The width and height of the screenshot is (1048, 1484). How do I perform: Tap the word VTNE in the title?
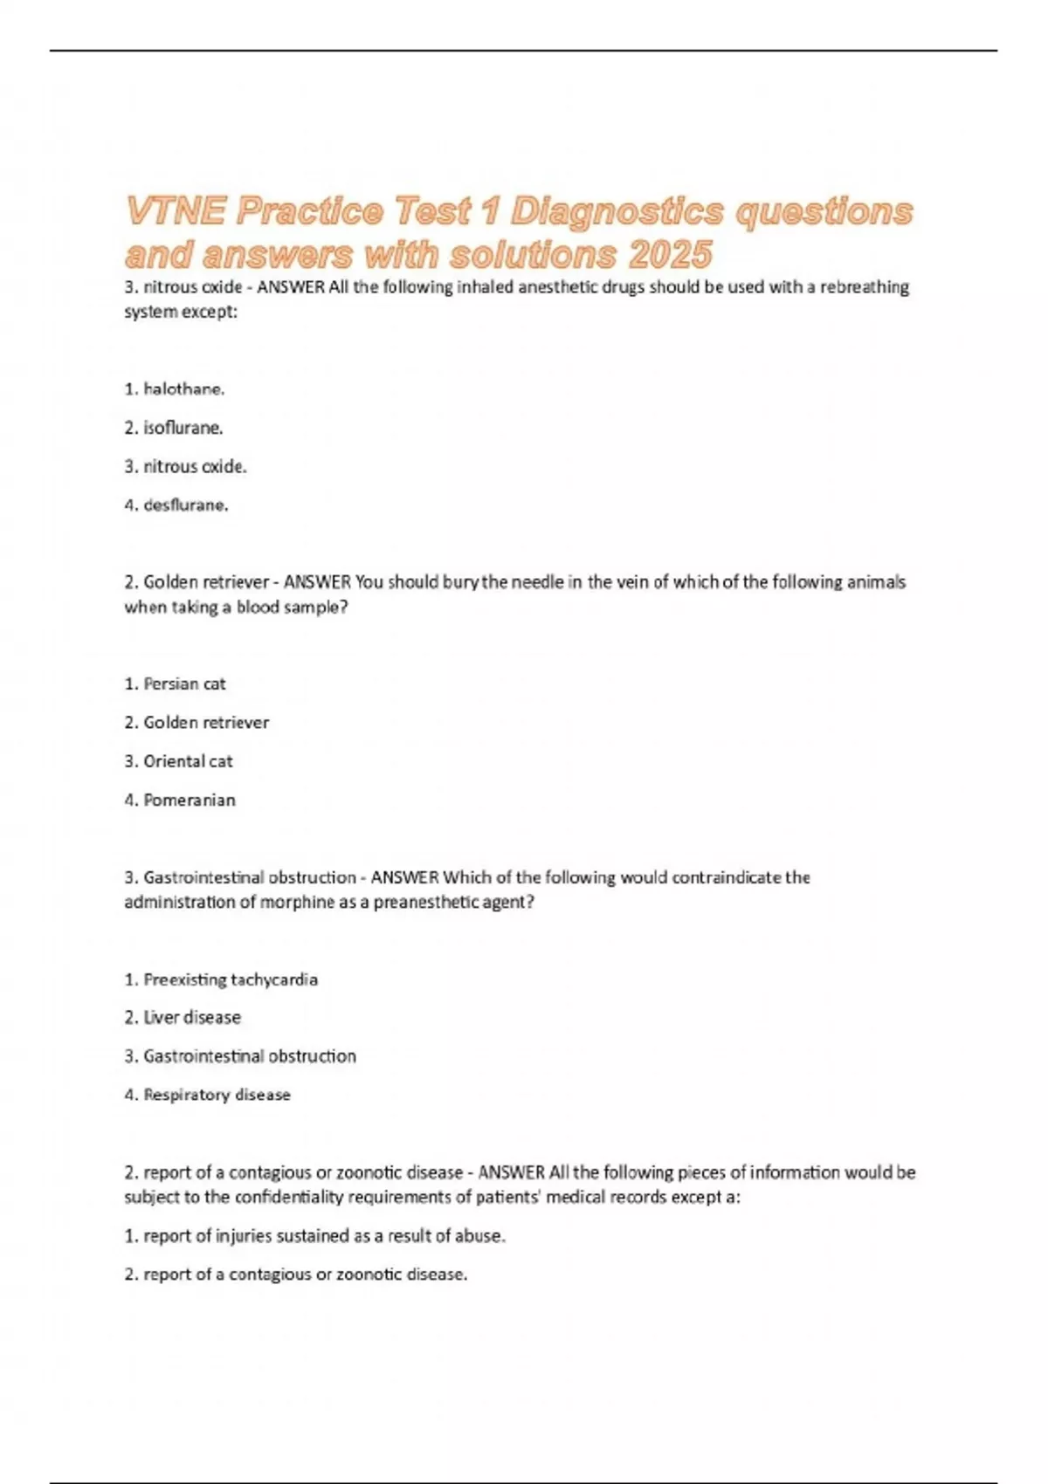click(x=176, y=211)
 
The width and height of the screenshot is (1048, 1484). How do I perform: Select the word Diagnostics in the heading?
click(x=617, y=211)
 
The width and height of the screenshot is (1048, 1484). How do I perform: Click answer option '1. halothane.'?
click(x=175, y=389)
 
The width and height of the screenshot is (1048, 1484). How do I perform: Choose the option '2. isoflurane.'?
click(x=174, y=428)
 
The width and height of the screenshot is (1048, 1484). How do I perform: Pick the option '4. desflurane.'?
click(x=176, y=505)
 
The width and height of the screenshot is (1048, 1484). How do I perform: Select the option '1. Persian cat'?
click(x=175, y=684)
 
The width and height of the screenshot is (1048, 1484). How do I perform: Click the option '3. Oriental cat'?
click(x=178, y=761)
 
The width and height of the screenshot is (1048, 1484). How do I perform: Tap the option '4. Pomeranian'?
click(x=180, y=800)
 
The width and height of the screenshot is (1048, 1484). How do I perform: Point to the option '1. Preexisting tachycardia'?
click(x=221, y=979)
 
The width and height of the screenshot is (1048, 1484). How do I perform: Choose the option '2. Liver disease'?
click(x=183, y=1018)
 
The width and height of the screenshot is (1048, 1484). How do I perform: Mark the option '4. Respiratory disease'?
click(x=207, y=1095)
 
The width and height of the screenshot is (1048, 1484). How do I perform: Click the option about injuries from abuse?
click(x=314, y=1236)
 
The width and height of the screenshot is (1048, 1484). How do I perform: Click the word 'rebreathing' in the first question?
click(x=864, y=287)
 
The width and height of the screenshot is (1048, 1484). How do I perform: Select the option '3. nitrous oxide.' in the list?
click(x=185, y=467)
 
